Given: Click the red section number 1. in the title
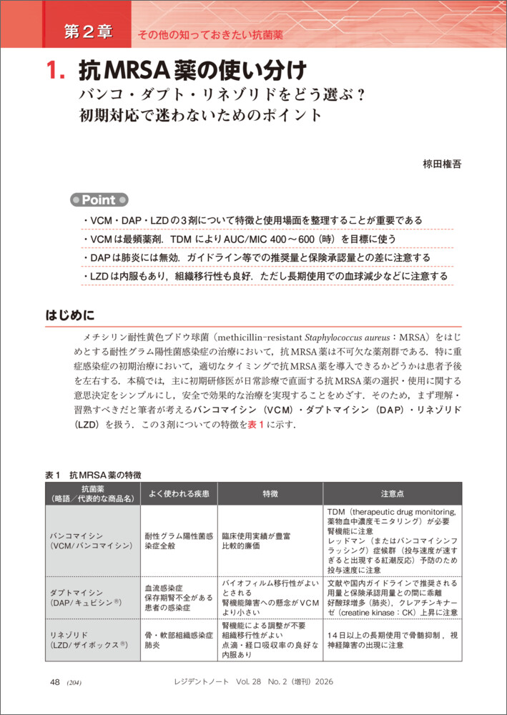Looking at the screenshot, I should [56, 71].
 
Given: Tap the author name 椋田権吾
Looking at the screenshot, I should [443, 164].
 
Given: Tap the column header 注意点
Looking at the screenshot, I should [392, 493].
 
